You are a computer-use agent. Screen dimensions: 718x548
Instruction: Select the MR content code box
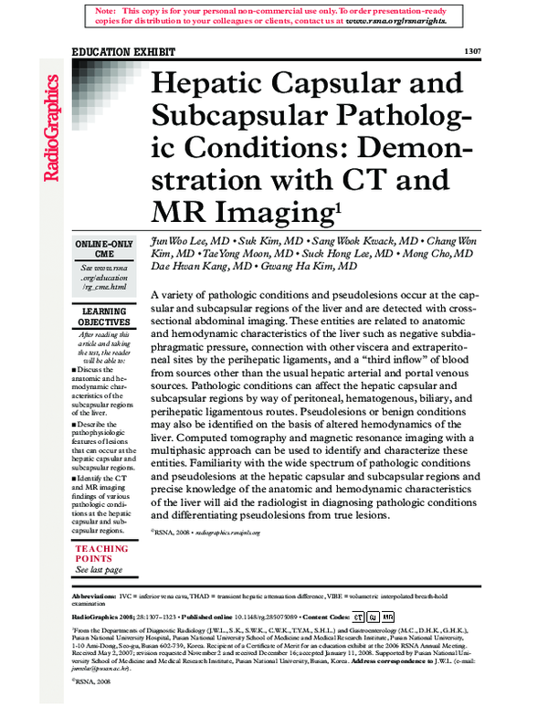coord(388,618)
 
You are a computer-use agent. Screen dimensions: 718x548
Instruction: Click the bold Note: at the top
coord(107,8)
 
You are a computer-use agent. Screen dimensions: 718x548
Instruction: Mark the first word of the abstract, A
coord(153,296)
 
